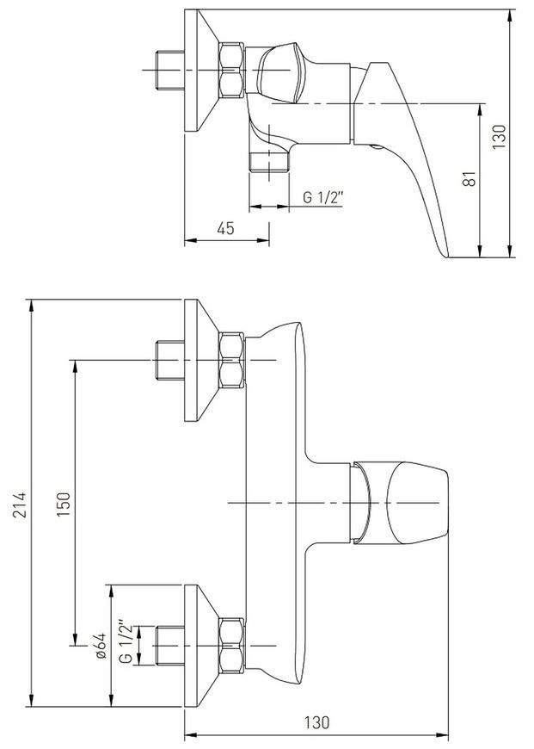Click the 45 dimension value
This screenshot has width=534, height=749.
(225, 228)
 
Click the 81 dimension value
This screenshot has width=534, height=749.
(470, 179)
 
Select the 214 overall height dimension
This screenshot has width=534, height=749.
(20, 504)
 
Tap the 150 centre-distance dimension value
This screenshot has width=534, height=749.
(64, 504)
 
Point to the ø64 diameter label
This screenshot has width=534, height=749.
(101, 646)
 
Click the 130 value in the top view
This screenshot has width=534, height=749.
(499, 137)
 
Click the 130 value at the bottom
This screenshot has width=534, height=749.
(316, 722)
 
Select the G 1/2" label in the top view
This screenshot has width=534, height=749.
(323, 196)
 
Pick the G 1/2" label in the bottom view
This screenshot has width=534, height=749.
(126, 641)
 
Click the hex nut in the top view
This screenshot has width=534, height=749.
(231, 71)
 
